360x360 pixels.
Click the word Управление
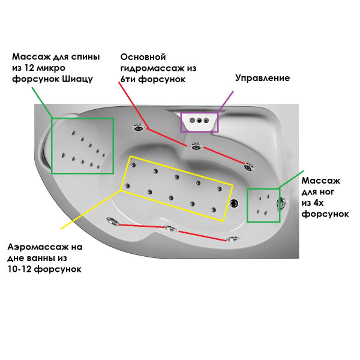click(x=262, y=78)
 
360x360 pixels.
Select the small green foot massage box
click(x=263, y=206)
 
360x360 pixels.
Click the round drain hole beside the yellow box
click(x=235, y=203)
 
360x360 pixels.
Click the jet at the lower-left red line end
click(x=111, y=221)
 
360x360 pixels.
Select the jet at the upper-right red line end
click(x=247, y=163)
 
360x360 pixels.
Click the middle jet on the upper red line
click(x=196, y=146)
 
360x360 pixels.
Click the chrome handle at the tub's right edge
click(x=280, y=203)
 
